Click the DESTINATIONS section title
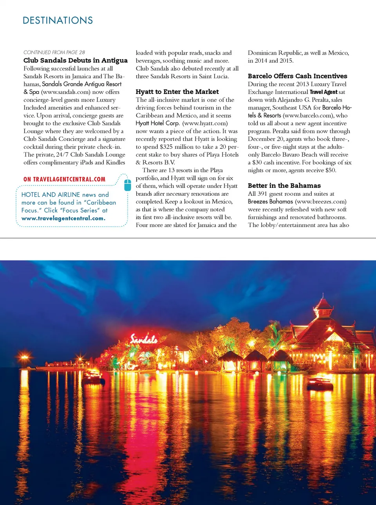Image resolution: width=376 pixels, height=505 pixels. [x=58, y=20]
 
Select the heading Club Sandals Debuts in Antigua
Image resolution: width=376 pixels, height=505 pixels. [x=75, y=60]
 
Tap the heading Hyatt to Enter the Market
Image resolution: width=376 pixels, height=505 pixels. [x=177, y=92]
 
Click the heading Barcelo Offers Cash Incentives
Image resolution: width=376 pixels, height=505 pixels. [x=297, y=76]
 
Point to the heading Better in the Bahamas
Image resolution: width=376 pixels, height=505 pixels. [x=284, y=186]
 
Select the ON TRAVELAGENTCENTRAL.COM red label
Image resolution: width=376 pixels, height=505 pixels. [x=64, y=179]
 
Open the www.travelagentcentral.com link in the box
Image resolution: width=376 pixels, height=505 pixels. [x=63, y=218]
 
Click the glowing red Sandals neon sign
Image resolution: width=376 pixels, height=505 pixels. [x=144, y=339]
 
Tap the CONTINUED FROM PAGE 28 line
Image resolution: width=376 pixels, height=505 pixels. [x=54, y=52]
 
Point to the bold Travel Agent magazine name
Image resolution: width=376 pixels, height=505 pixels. [x=323, y=92]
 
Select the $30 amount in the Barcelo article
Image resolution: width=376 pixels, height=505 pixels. [x=257, y=162]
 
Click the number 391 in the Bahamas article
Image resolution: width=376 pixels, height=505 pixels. [x=262, y=194]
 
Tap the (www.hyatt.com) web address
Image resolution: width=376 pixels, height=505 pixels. [x=205, y=123]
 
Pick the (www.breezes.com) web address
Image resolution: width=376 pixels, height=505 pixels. [x=320, y=202]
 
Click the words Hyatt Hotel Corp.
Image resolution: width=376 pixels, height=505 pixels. [x=157, y=123]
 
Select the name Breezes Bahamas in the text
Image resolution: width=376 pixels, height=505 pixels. [x=270, y=202]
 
